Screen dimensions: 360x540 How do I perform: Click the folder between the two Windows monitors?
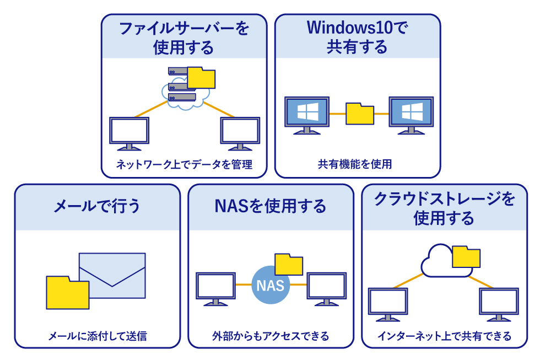click(359, 114)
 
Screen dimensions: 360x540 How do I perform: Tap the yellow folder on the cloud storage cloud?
click(466, 257)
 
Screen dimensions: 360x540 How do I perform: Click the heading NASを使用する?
click(270, 206)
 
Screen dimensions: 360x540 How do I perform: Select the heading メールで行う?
click(97, 206)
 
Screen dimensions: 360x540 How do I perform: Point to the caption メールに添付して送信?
click(98, 336)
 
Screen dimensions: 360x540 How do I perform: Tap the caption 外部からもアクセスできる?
click(271, 336)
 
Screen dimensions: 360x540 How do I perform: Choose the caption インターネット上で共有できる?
click(444, 336)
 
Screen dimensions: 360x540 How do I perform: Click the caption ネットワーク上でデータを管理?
click(184, 164)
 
